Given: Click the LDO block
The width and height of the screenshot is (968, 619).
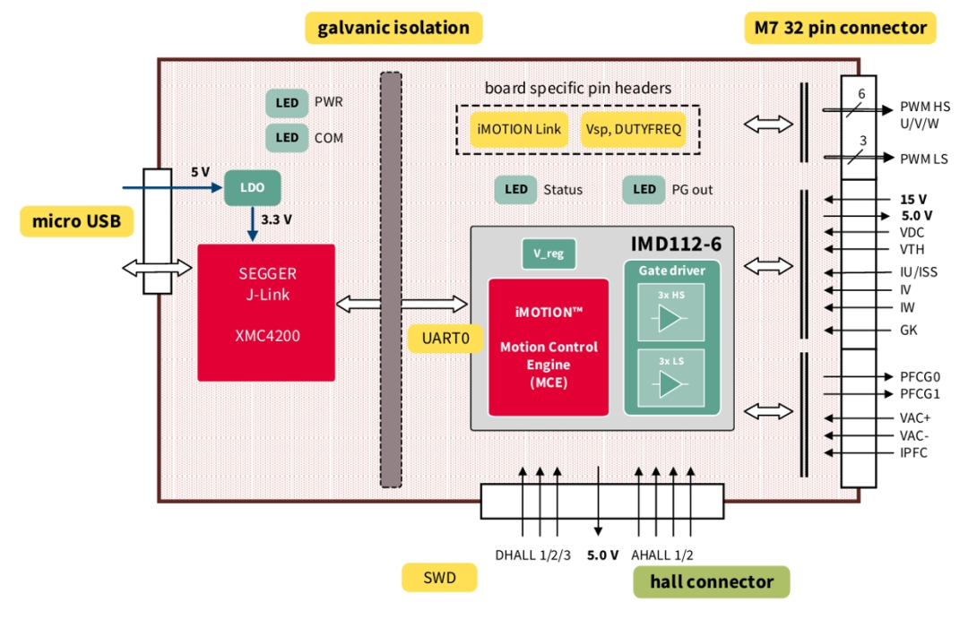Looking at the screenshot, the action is (252, 187).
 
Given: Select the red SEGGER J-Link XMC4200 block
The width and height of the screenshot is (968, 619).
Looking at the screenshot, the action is (266, 313).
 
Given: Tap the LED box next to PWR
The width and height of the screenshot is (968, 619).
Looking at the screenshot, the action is (287, 103).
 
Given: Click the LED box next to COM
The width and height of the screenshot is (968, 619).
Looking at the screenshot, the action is (287, 138).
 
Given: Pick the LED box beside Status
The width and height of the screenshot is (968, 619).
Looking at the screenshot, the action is (515, 190).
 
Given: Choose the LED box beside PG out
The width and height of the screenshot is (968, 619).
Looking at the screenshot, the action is (644, 190).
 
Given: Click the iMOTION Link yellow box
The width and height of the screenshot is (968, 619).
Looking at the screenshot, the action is (519, 129).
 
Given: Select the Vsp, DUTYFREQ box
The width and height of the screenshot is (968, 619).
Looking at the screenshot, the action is (634, 129).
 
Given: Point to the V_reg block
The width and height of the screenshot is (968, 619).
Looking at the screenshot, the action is (549, 254).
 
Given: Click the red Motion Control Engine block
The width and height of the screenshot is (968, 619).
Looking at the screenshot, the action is (549, 348).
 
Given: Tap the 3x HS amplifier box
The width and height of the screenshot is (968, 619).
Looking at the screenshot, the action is (671, 313).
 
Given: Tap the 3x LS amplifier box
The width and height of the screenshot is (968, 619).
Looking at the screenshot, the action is (671, 378).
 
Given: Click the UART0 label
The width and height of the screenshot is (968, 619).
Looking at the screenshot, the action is (445, 339).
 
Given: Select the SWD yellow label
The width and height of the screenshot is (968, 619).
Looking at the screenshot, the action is (439, 578).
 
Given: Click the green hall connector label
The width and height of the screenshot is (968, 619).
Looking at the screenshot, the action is (711, 581).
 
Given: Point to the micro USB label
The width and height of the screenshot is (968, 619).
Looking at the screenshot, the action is (76, 221).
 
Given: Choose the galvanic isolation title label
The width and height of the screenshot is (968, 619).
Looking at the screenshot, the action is (393, 28).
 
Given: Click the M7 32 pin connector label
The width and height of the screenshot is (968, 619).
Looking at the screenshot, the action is (840, 28).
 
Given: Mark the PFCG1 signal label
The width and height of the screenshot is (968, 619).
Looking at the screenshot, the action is (920, 394).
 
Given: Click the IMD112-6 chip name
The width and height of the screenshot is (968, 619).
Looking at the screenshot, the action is (676, 245).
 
